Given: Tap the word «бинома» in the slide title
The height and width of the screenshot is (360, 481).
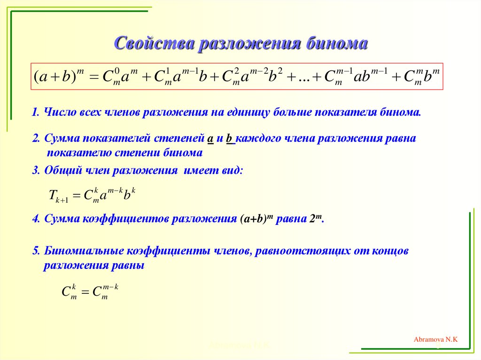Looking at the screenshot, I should coord(336,44).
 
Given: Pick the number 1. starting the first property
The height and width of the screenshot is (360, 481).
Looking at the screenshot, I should coord(36,113).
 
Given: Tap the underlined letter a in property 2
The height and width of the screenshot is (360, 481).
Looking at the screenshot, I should coord(210,139).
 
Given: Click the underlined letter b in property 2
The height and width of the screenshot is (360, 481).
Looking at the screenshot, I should coord(230,139).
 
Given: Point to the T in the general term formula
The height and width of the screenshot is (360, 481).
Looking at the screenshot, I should coord(52,195).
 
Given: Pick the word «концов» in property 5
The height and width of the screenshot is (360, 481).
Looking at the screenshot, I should coord(393,251).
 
